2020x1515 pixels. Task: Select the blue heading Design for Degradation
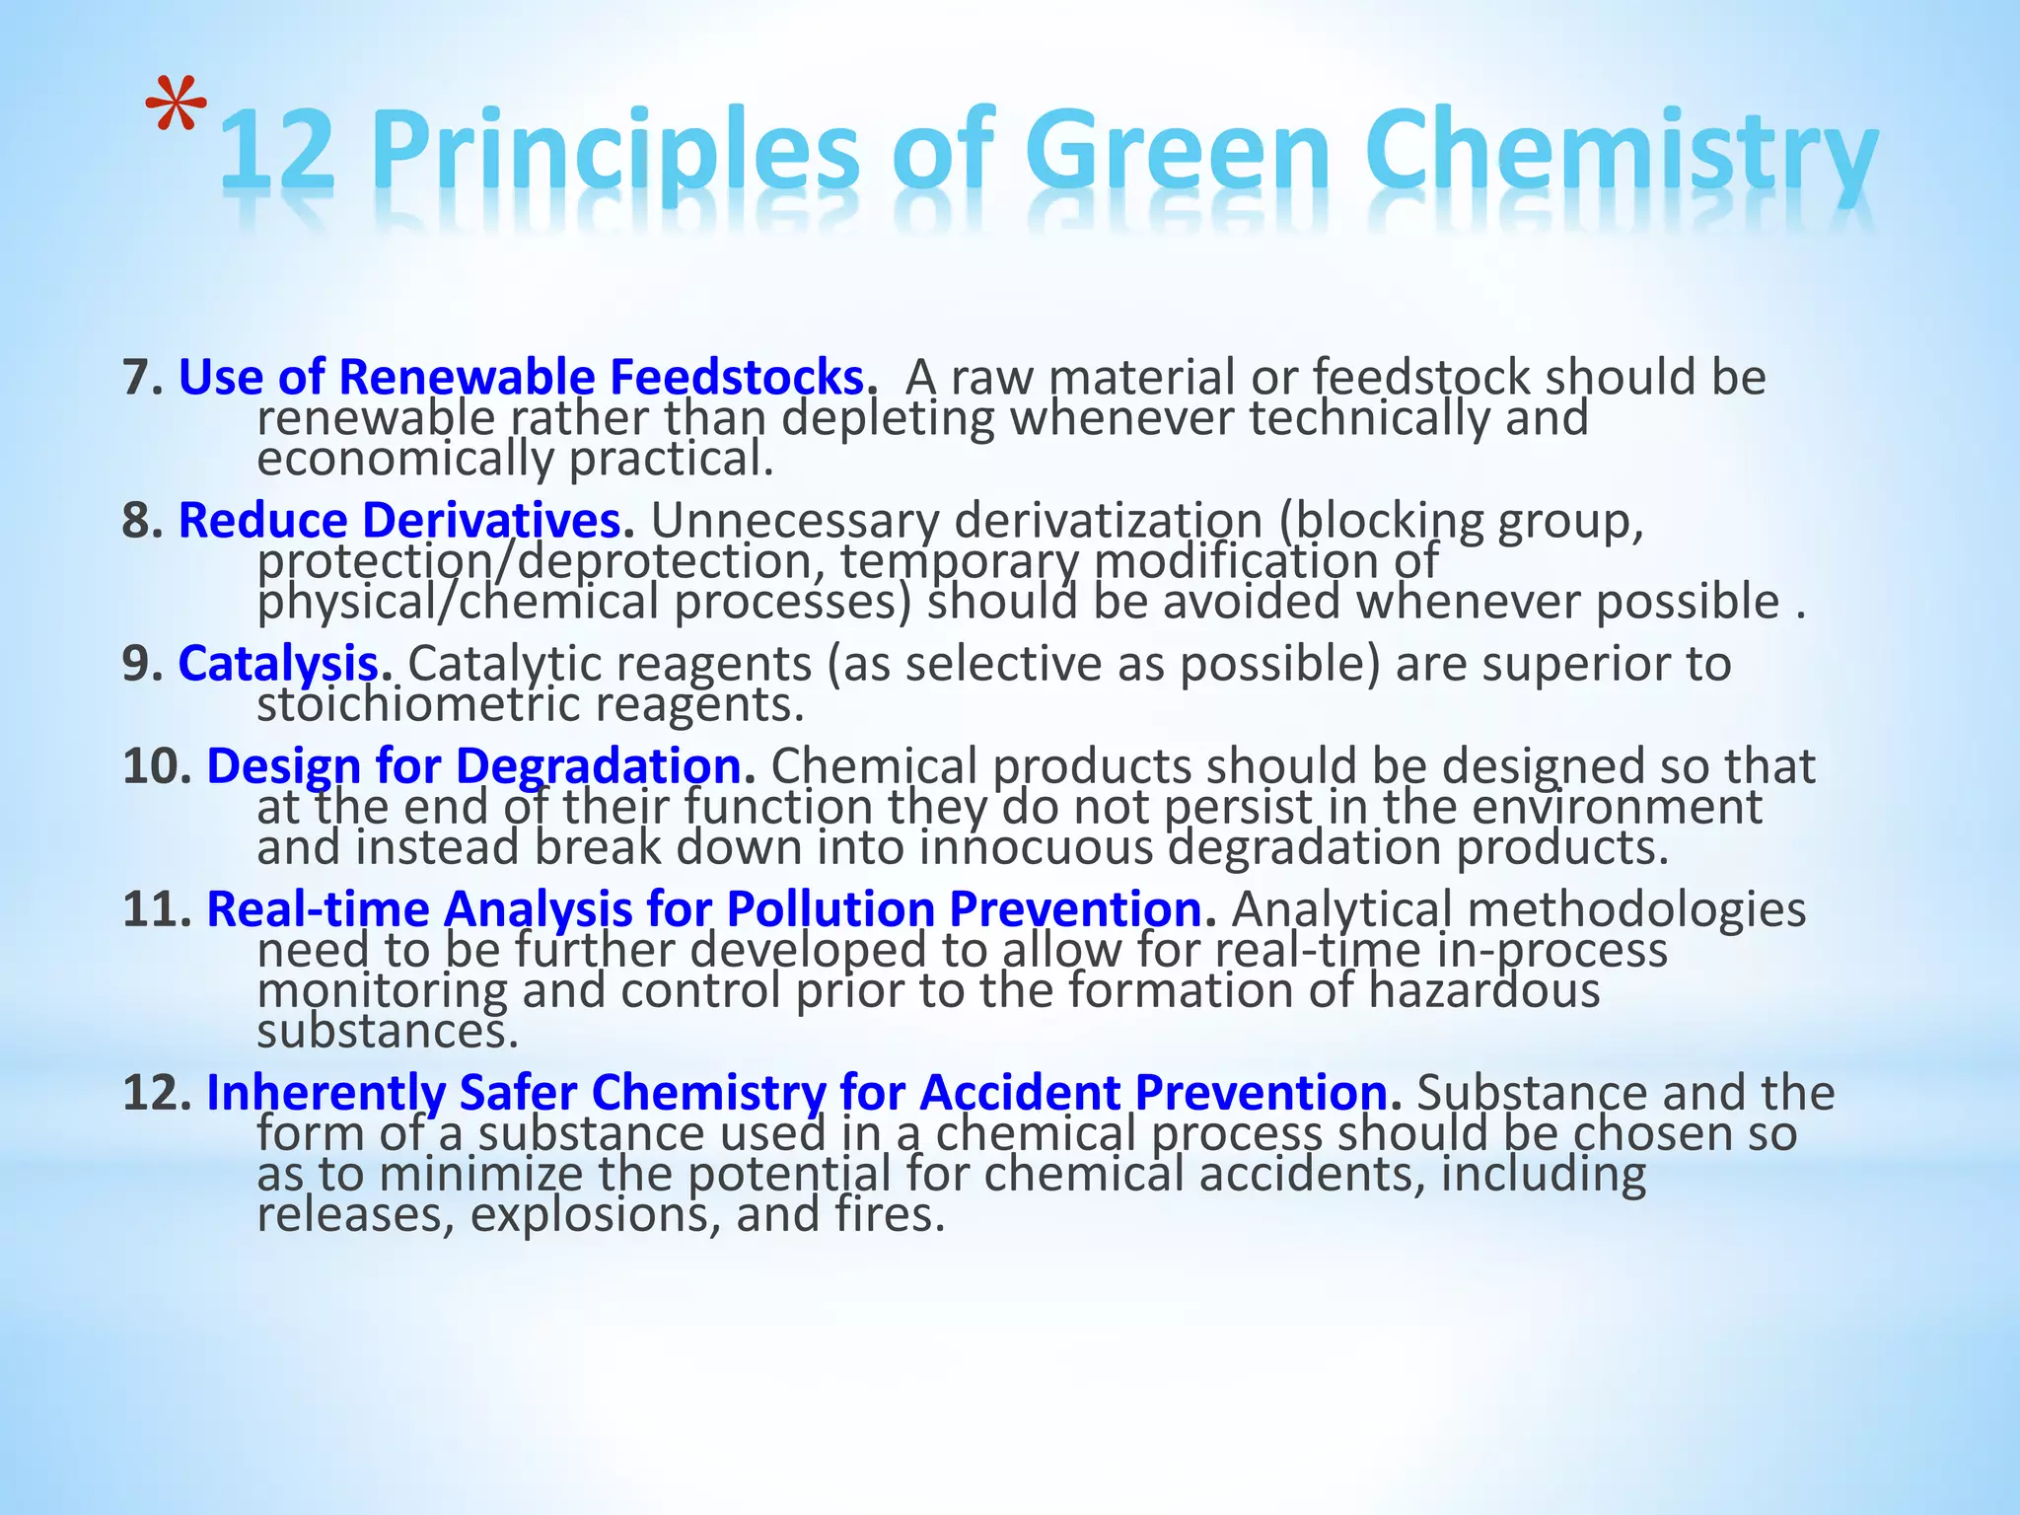click(479, 765)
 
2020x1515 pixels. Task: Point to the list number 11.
click(156, 908)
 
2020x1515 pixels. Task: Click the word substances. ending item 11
click(387, 1032)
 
